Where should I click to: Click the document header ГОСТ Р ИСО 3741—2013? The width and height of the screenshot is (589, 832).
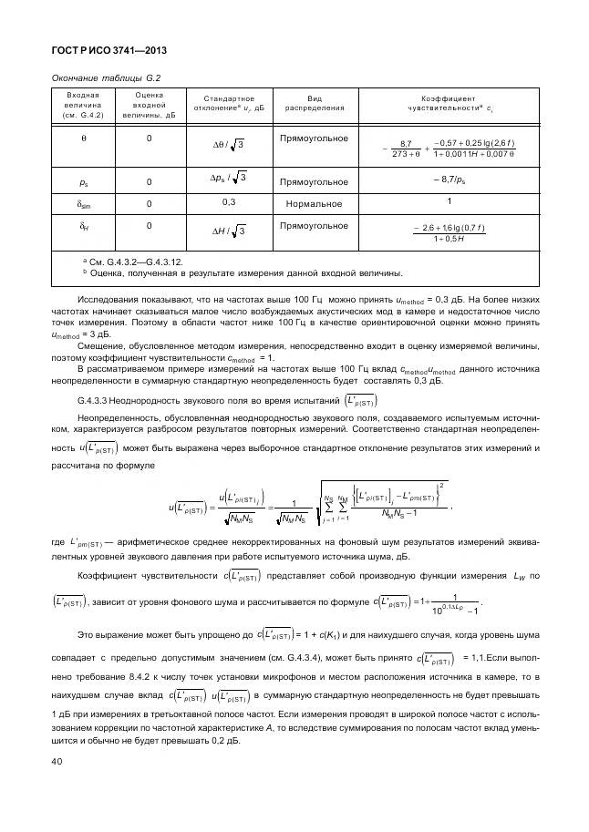click(x=108, y=51)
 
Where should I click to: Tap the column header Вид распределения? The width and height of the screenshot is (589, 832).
click(x=314, y=102)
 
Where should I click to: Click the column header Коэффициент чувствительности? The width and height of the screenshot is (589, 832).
click(x=448, y=102)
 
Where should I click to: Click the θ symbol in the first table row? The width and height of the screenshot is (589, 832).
click(x=82, y=139)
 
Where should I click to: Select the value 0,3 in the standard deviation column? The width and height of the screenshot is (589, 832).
click(x=228, y=201)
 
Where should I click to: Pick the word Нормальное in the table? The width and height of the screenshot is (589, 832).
click(x=314, y=203)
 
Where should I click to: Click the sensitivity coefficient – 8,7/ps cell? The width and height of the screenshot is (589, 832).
click(x=448, y=180)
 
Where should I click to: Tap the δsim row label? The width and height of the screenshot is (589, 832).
click(x=83, y=203)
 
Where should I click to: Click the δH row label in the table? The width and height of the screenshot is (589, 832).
click(x=83, y=227)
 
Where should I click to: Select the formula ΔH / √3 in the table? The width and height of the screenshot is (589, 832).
click(x=228, y=231)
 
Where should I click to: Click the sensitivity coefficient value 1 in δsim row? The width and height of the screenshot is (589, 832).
click(x=449, y=201)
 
